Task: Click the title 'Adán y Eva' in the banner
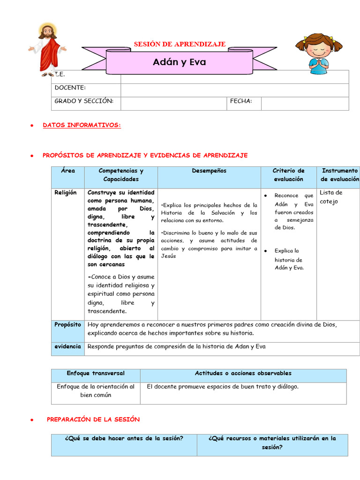[x=180, y=62]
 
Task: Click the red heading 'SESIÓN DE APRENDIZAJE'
[x=180, y=44]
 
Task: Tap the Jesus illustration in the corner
[x=47, y=49]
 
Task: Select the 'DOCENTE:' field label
[x=70, y=88]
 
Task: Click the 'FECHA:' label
[x=241, y=101]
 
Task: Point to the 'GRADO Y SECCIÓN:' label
[x=84, y=101]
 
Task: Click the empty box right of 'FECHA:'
[x=305, y=104]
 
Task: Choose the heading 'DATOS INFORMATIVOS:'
[x=82, y=125]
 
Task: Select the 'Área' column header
[x=68, y=171]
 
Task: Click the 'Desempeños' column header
[x=209, y=171]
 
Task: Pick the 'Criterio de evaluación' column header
[x=288, y=175]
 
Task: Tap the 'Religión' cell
[x=66, y=193]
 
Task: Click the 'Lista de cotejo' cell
[x=331, y=197]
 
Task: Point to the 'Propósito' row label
[x=67, y=324]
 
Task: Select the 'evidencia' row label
[x=67, y=346]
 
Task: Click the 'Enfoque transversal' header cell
[x=96, y=373]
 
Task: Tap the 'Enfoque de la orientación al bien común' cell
[x=96, y=391]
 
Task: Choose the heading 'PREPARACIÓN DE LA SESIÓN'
[x=93, y=420]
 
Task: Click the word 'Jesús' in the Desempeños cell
[x=168, y=256]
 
